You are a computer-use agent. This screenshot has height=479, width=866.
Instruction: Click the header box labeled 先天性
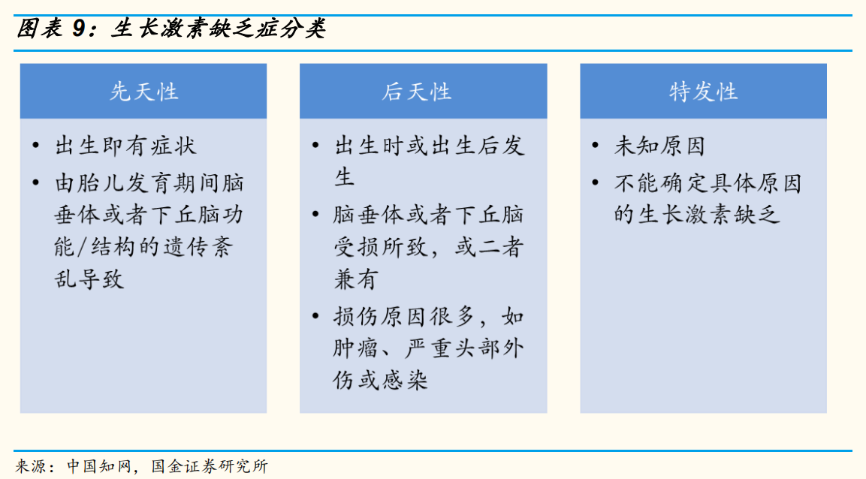click(143, 92)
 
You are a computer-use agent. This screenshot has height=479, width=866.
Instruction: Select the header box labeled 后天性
click(423, 92)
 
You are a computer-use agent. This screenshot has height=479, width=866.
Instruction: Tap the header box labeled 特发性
click(703, 92)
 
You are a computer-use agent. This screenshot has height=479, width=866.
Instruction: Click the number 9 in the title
click(80, 29)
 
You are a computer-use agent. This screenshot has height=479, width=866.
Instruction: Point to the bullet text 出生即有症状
click(125, 146)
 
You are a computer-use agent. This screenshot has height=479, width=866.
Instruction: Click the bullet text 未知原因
click(659, 146)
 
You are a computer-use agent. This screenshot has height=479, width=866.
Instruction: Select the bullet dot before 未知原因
click(596, 146)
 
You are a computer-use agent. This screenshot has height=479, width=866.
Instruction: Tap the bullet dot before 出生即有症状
click(36, 146)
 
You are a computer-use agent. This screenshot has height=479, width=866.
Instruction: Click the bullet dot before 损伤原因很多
click(316, 316)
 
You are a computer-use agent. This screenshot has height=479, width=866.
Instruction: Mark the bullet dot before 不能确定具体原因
click(596, 182)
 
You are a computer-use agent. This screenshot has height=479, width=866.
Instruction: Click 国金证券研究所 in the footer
click(210, 466)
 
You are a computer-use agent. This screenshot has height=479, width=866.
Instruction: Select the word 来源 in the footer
click(31, 466)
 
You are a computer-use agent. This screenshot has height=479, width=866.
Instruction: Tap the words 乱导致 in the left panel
click(89, 279)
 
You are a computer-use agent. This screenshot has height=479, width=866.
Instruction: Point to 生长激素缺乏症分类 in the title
click(218, 29)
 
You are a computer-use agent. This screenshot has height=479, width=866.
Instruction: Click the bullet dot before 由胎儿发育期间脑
click(36, 182)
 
